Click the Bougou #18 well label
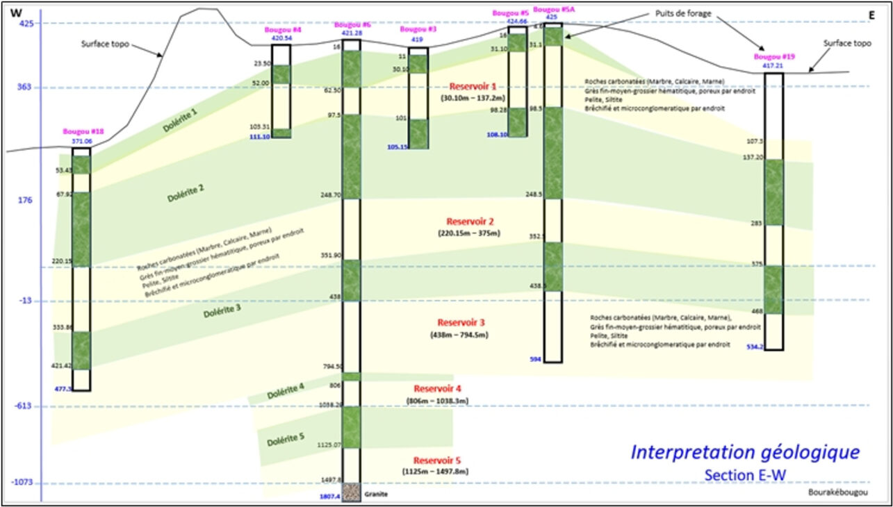(x=82, y=132)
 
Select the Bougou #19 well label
(x=773, y=57)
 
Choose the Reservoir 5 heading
(x=437, y=460)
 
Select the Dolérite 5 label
(x=285, y=440)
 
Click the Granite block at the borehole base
(x=351, y=492)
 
